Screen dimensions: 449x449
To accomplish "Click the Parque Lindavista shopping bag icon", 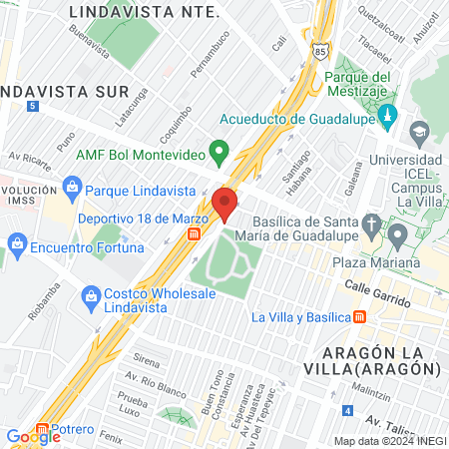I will (71, 187).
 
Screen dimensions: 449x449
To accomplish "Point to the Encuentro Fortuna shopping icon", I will (16, 241).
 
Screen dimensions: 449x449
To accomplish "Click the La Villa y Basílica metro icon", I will (361, 316).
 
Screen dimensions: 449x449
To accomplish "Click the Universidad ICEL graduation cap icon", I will (418, 131).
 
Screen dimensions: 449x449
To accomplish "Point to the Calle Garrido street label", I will (378, 293).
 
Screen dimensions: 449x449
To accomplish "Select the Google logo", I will (33, 436).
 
